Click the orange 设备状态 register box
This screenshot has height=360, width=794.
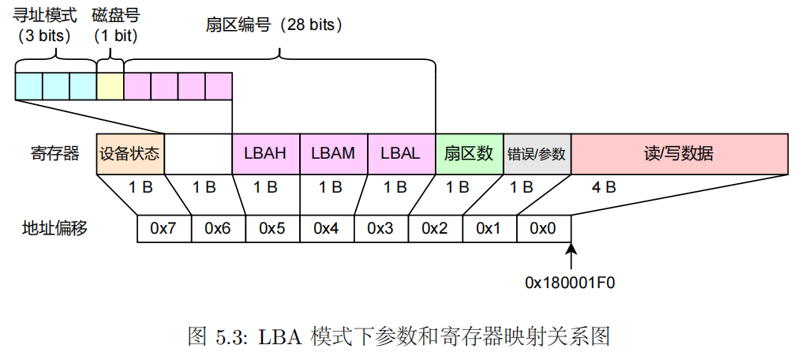pos(130,154)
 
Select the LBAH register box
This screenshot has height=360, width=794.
pos(266,154)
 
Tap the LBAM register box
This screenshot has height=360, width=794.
pos(333,154)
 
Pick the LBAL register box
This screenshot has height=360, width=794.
pos(401,154)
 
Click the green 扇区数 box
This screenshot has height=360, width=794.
pos(469,154)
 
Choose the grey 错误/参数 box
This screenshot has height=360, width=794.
pos(537,154)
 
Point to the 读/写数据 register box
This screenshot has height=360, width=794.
pos(679,154)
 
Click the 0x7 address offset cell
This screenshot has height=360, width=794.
pos(163,228)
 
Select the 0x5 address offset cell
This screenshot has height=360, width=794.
pos(272,228)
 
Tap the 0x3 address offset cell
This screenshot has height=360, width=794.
pos(380,228)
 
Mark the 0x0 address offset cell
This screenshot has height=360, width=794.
pos(543,228)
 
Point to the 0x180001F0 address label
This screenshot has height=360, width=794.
pos(571,282)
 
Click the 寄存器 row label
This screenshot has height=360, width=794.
pos(54,154)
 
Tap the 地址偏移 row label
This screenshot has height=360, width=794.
pos(54,228)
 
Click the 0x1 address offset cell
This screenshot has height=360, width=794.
pos(489,228)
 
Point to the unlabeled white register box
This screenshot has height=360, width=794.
pos(198,154)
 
